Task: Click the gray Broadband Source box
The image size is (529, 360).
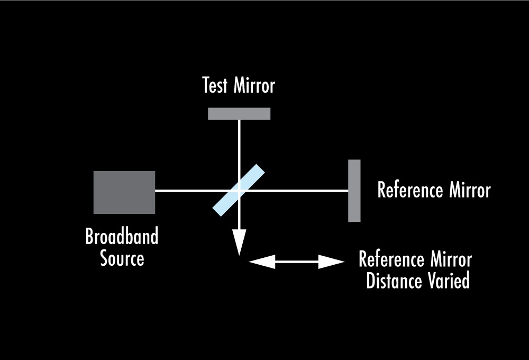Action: coord(124,192)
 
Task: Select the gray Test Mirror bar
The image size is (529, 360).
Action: coord(239,114)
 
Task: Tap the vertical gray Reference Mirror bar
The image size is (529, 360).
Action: coord(354,191)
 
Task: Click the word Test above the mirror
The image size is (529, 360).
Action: coord(215,86)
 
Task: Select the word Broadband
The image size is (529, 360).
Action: coord(122,237)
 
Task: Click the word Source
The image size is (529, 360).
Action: coord(122,259)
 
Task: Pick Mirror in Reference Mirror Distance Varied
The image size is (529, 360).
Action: coord(450,260)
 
